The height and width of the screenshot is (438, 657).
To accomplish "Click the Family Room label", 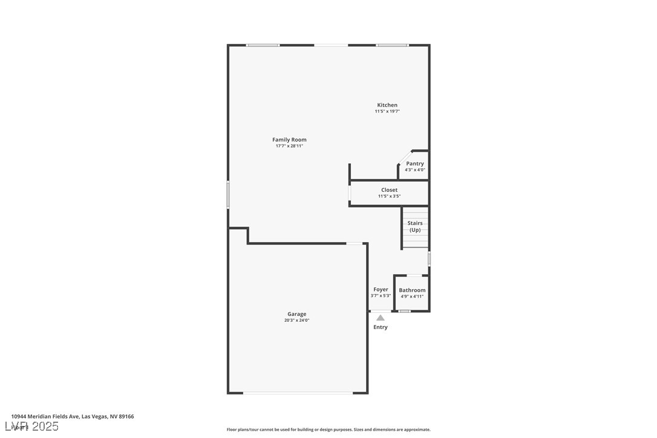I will pyautogui.click(x=289, y=140).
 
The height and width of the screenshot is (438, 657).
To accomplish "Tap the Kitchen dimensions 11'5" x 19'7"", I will pyautogui.click(x=387, y=111).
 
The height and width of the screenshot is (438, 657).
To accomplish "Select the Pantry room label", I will pyautogui.click(x=415, y=163).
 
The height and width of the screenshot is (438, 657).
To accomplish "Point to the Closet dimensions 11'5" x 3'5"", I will pyautogui.click(x=389, y=196).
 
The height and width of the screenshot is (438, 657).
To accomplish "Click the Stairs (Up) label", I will pyautogui.click(x=415, y=226).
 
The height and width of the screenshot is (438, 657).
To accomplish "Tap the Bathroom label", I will pyautogui.click(x=412, y=290).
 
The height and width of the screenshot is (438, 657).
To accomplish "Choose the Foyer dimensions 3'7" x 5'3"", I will pyautogui.click(x=381, y=296).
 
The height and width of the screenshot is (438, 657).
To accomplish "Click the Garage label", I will pyautogui.click(x=296, y=314).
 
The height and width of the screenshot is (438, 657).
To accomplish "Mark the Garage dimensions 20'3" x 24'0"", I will pyautogui.click(x=296, y=321).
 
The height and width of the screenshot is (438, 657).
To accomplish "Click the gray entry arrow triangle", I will pyautogui.click(x=381, y=318).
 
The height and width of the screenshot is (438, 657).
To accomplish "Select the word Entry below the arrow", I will pyautogui.click(x=381, y=327).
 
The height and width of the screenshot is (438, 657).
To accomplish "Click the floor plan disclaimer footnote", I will pyautogui.click(x=328, y=430).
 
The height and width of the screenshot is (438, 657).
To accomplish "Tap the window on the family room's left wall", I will pyautogui.click(x=228, y=195).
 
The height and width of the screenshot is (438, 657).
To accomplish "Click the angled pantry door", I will pyautogui.click(x=405, y=157).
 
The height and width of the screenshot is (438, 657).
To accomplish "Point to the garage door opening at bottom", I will pyautogui.click(x=298, y=393).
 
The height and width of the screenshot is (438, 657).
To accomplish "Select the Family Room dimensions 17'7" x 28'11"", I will pyautogui.click(x=289, y=146).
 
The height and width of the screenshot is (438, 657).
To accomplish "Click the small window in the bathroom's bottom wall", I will pyautogui.click(x=405, y=311).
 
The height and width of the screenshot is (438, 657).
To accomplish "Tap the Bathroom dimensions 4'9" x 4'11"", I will pyautogui.click(x=412, y=296).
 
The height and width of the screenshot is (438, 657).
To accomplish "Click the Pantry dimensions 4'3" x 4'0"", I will pyautogui.click(x=415, y=170).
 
